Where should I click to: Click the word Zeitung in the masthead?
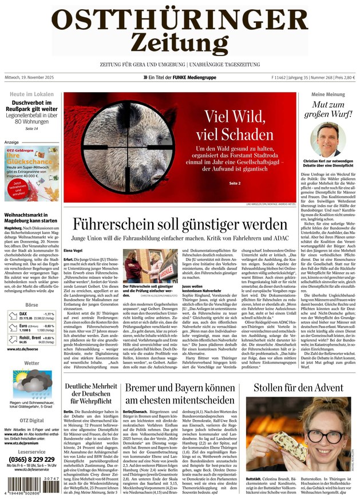[x=179, y=41]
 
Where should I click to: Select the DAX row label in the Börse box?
[x=23, y=314]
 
